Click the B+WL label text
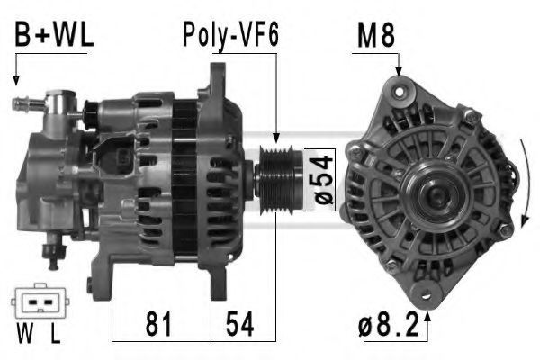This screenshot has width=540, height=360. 54,35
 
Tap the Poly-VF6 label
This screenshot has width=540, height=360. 230,35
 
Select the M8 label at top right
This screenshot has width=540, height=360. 376,35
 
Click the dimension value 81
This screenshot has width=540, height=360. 158,323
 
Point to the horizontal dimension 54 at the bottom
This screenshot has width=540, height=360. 240,323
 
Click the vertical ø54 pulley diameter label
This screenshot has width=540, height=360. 323,179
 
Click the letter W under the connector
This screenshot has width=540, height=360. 25,333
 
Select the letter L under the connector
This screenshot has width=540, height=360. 55,333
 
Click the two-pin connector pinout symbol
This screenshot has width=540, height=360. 40,301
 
